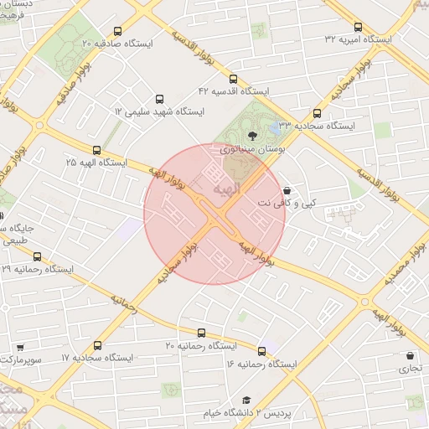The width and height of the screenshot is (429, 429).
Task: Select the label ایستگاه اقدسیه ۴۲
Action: [233, 90]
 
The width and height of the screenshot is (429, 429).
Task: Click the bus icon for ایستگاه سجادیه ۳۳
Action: [317, 113]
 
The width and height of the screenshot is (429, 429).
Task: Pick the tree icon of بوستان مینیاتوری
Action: [251, 136]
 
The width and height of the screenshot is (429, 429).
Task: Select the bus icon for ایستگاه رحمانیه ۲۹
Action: [36, 256]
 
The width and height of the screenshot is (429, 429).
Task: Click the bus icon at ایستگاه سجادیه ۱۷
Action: [98, 345]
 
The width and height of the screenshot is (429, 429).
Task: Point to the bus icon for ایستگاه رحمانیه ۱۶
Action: [262, 351]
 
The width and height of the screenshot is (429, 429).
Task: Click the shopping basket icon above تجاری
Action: [411, 355]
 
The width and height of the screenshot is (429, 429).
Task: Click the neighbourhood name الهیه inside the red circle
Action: [227, 189]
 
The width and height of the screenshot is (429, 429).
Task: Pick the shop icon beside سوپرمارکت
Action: [19, 346]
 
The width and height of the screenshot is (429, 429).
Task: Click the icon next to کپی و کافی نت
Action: [288, 190]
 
